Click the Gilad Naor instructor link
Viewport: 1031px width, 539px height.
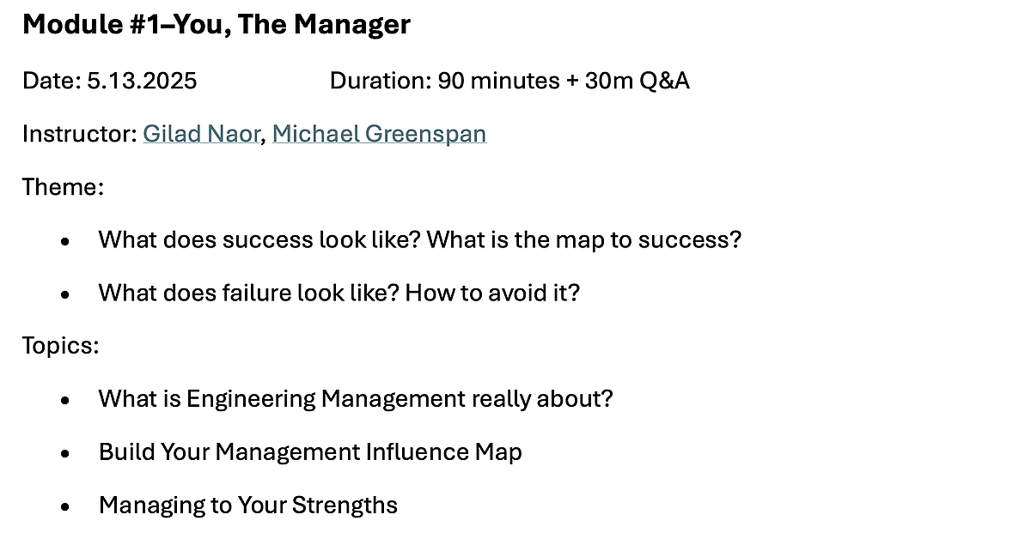pos(201,134)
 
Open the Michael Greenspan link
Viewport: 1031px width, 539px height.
pos(379,134)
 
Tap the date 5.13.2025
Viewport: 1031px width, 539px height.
pos(142,81)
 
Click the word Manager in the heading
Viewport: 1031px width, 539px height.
pos(352,25)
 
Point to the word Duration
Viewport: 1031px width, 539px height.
pos(381,81)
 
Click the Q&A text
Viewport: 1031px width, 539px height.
pos(664,81)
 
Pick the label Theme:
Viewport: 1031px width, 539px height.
pos(63,187)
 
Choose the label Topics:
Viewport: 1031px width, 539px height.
pos(61,346)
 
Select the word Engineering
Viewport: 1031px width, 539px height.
pos(251,399)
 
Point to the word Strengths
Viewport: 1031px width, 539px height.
pos(345,506)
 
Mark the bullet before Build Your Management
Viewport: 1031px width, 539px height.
pos(65,453)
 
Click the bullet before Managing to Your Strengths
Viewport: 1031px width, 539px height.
pos(65,506)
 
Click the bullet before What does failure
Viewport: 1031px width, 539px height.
pos(65,294)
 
